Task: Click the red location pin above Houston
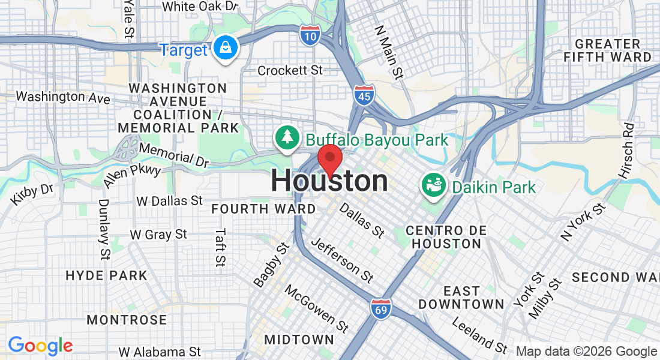pos(329,159)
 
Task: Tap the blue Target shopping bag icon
pos(226,49)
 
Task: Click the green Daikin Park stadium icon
pos(434,187)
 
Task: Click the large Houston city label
pos(329,181)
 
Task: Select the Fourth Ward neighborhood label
pos(263,209)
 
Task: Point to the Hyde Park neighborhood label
pos(106,275)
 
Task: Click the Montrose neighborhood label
pos(127,319)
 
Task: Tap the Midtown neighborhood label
pos(299,339)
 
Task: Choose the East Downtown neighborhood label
pos(461,298)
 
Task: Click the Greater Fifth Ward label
pos(607,50)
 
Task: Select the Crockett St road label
pos(290,71)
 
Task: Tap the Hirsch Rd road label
pos(626,151)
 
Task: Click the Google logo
pos(40,346)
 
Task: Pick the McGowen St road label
pos(316,308)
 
